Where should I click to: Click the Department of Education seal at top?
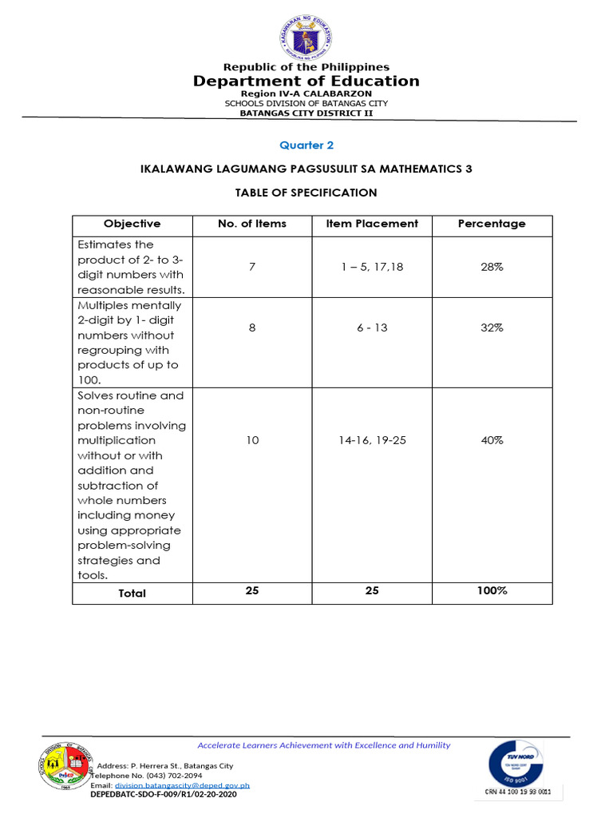click(307, 36)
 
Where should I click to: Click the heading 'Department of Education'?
click(307, 81)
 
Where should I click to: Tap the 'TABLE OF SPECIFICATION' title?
click(306, 193)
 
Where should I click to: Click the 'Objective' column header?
click(132, 224)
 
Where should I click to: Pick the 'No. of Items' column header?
click(252, 224)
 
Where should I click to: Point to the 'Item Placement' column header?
click(372, 224)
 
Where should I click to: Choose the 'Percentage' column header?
click(492, 224)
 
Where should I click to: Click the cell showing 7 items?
click(252, 267)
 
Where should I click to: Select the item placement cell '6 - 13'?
click(372, 328)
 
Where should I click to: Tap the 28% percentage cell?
click(492, 267)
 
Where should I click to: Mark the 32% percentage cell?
click(492, 328)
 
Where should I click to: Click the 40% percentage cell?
click(492, 440)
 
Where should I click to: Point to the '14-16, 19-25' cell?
click(372, 440)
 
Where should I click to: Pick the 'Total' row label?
click(132, 594)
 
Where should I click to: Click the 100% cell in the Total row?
click(492, 591)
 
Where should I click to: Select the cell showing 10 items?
click(252, 440)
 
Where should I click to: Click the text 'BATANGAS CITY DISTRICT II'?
click(307, 113)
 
